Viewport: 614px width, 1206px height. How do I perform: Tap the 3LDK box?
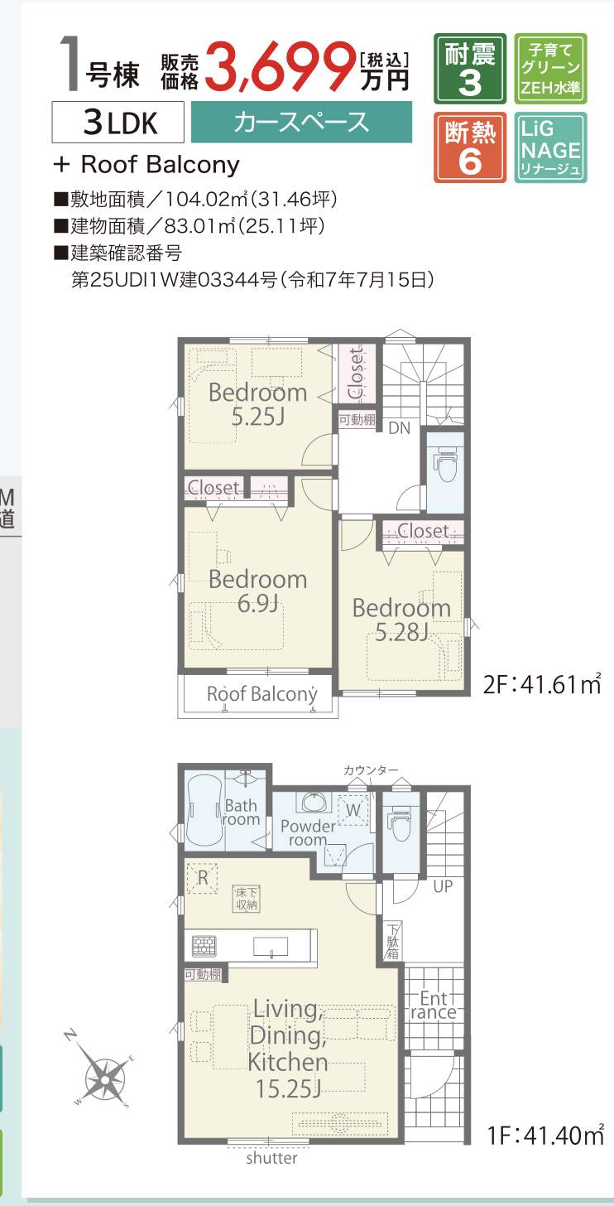click(118, 123)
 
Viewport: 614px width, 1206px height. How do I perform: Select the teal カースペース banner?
click(301, 122)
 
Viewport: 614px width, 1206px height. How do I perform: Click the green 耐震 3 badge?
click(470, 69)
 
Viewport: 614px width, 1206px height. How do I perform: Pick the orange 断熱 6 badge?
click(470, 147)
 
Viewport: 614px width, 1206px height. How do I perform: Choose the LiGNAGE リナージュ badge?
click(550, 147)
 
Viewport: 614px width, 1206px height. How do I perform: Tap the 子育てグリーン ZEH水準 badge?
click(550, 69)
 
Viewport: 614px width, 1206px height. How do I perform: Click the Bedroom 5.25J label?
click(257, 404)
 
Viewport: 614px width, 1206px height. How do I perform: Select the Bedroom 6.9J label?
click(257, 591)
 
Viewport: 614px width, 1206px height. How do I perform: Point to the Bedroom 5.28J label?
click(401, 620)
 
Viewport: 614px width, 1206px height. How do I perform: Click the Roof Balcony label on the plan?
click(261, 694)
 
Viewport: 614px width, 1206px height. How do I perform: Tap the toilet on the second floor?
click(444, 466)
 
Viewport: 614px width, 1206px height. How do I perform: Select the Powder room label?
click(308, 832)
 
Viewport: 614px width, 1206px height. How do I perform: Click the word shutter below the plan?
click(271, 1158)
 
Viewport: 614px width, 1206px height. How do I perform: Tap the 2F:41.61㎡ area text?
click(542, 685)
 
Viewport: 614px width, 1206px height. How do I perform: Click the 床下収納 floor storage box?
click(247, 899)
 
